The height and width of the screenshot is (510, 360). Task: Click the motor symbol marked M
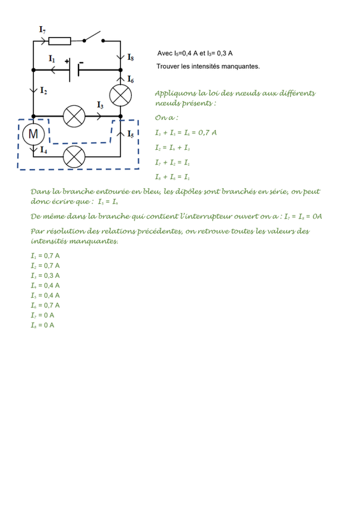pos(34,134)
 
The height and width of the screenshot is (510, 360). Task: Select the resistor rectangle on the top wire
pos(59,41)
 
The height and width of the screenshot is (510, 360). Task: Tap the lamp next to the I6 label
pos(120,95)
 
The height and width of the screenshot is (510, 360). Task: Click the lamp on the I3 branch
pos(74,116)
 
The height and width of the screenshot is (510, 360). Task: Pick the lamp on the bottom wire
pos(74,157)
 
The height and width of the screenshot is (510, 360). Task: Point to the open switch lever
pos(92,36)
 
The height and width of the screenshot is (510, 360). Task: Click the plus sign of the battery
pos(67,61)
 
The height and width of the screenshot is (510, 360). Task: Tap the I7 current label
pos(42,29)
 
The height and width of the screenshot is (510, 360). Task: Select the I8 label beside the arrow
pos(131,57)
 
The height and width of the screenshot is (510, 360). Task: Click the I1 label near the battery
pos(52,59)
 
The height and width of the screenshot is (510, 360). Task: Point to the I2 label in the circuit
pos(43,91)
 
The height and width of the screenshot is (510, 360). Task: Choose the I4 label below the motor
pos(43,150)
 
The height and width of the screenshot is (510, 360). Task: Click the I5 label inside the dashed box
pos(131,134)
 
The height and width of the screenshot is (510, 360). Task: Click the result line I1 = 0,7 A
pos(45,256)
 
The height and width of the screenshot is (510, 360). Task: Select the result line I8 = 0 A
pos(43,325)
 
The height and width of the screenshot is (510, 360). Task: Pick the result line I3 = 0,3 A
pos(45,276)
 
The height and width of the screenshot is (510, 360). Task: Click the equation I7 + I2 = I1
pos(173,163)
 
